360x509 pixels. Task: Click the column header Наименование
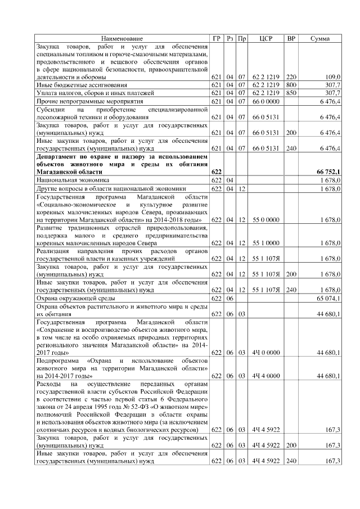122,38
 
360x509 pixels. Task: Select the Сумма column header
320,38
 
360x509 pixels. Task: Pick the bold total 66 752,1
329,171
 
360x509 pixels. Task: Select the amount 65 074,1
329,298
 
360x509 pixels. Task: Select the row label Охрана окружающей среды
78,298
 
